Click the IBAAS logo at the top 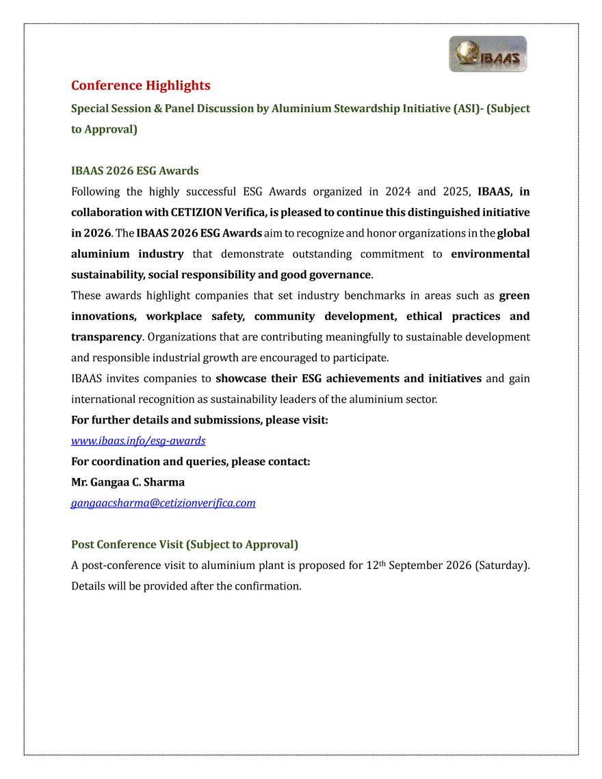pos(488,54)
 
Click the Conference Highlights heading pos(140,85)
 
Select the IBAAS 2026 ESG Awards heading pos(135,170)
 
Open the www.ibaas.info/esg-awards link pos(138,440)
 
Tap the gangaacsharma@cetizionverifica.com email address pos(163,503)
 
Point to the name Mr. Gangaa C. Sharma pos(128,482)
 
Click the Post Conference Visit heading pos(185,544)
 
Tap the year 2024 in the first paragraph pos(395,192)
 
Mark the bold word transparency pos(106,337)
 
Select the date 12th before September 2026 pos(371,565)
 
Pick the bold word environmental pos(490,254)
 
